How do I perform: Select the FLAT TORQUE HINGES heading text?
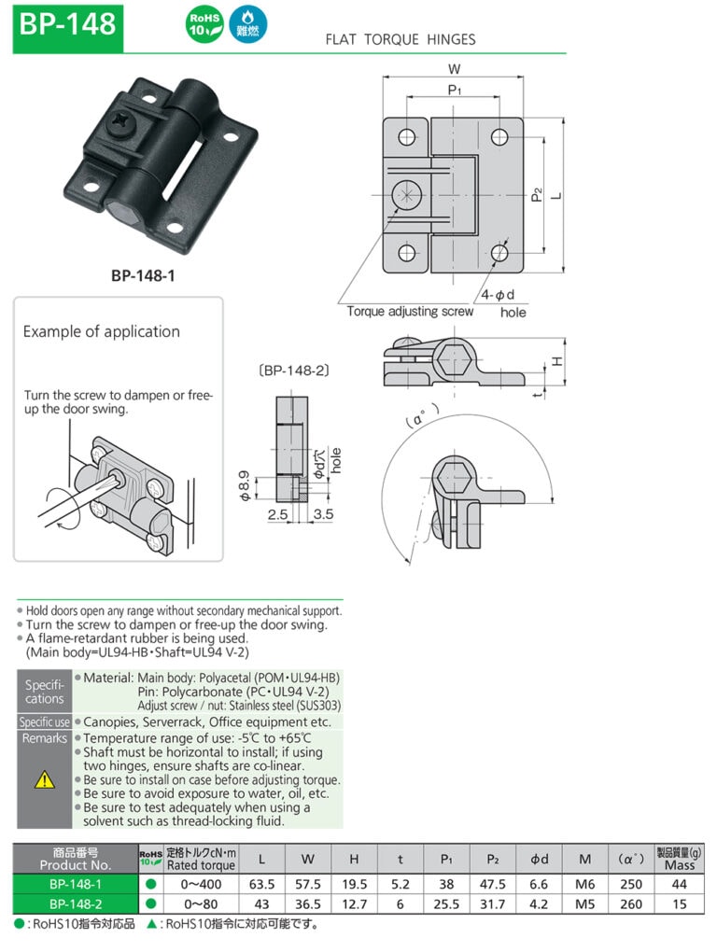tap(400, 40)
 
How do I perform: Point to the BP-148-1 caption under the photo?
tap(143, 275)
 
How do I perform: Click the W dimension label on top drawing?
tap(455, 68)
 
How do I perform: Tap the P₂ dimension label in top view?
tap(536, 194)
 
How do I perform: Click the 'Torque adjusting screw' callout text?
tap(410, 311)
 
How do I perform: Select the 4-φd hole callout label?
tap(499, 296)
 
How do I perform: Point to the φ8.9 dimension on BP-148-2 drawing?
tap(245, 485)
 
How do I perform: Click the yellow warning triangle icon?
tap(44, 779)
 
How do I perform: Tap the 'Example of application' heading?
tap(101, 331)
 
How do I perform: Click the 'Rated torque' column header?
tap(201, 865)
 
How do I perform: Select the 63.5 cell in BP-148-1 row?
tap(261, 884)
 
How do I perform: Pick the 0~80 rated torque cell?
tap(201, 904)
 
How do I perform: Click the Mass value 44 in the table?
tap(679, 884)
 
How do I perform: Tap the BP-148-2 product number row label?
tap(75, 904)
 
